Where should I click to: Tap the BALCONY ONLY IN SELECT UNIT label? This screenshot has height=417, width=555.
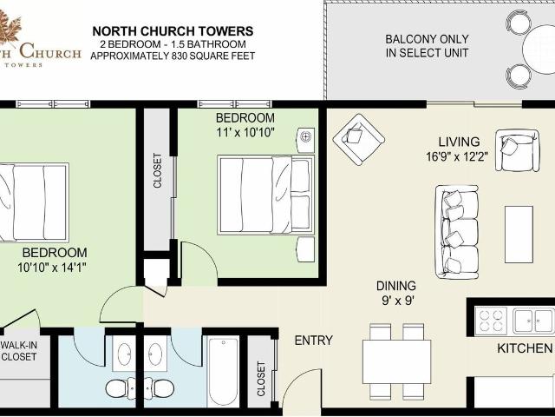[x=427, y=46]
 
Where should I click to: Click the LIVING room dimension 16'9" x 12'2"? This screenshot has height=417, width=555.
[x=459, y=158]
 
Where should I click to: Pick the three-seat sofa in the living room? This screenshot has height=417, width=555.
[x=456, y=231]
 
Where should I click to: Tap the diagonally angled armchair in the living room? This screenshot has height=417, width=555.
[x=359, y=139]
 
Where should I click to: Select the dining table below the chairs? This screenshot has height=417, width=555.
[x=396, y=361]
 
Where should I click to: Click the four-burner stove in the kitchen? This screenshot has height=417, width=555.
[x=492, y=321]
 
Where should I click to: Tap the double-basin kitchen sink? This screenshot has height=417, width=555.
[x=532, y=321]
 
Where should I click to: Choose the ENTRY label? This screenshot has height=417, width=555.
[x=313, y=341]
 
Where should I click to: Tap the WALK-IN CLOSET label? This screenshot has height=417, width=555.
[x=19, y=350]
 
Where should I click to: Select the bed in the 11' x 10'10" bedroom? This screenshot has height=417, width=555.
[x=264, y=195]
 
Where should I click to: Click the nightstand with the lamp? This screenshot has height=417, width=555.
[x=305, y=138]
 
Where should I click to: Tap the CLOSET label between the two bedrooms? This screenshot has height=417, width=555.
[x=157, y=171]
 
